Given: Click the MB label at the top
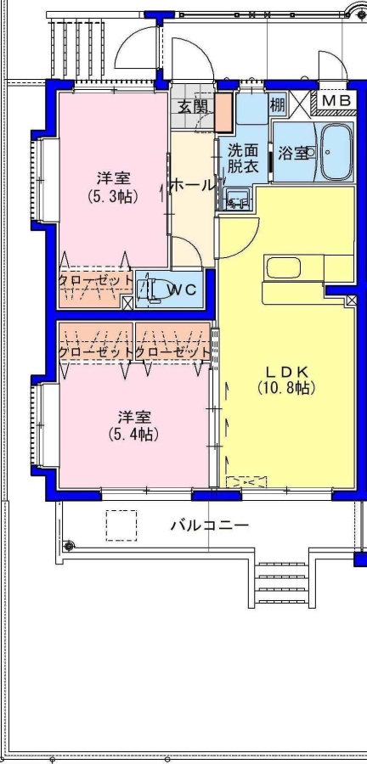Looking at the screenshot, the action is (336, 101).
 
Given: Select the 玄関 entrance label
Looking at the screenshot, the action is (193, 106).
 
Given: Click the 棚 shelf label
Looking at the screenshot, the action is (277, 104).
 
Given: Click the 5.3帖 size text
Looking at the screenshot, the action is (113, 196).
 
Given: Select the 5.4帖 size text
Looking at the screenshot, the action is (133, 434).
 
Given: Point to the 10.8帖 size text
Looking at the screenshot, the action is (286, 388).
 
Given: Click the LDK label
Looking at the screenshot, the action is (286, 372).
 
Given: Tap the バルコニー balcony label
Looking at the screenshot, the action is (210, 525).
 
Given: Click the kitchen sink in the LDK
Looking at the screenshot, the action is (283, 267).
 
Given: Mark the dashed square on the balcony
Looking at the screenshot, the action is (121, 525).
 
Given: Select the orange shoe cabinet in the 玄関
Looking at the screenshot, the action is (224, 112).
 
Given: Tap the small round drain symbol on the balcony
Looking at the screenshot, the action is (69, 546).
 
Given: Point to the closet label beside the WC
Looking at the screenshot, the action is (95, 281).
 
